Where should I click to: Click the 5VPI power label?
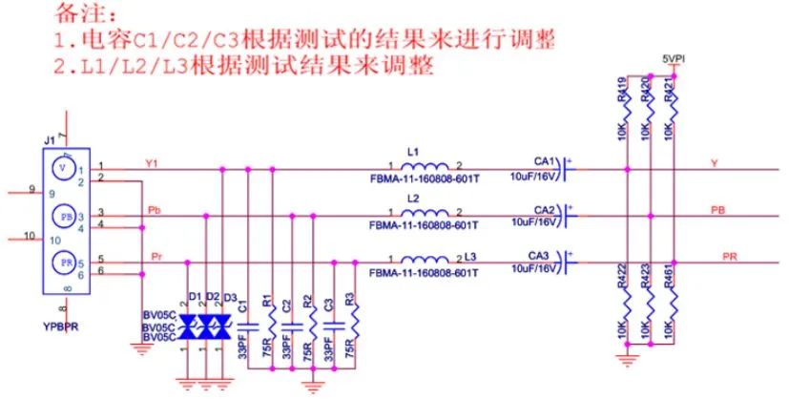[674, 58]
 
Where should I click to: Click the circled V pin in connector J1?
[63, 167]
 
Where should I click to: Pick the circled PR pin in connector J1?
[64, 262]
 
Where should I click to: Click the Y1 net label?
[152, 163]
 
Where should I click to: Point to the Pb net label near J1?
[154, 208]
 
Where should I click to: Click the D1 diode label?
[196, 297]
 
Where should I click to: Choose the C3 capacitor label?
[328, 305]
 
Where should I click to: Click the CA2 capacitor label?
[544, 209]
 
